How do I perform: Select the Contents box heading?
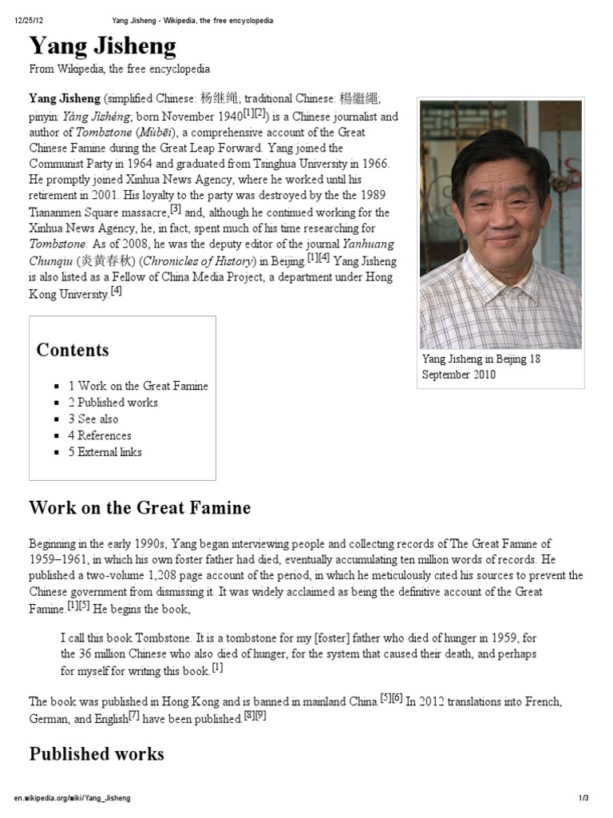pos(73,350)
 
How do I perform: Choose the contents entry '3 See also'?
pos(93,419)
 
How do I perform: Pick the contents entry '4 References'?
pos(99,435)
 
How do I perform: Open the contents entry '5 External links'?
pos(105,452)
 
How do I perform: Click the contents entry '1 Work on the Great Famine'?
pos(137,386)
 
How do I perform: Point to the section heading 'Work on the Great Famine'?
pos(140,508)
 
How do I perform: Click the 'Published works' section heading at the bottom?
pos(97,754)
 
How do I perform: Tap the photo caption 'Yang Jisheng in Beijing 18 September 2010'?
pos(481,367)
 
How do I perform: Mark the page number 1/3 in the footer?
pos(583,798)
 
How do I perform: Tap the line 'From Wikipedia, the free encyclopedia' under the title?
pos(120,69)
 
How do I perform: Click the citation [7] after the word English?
pos(134,717)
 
